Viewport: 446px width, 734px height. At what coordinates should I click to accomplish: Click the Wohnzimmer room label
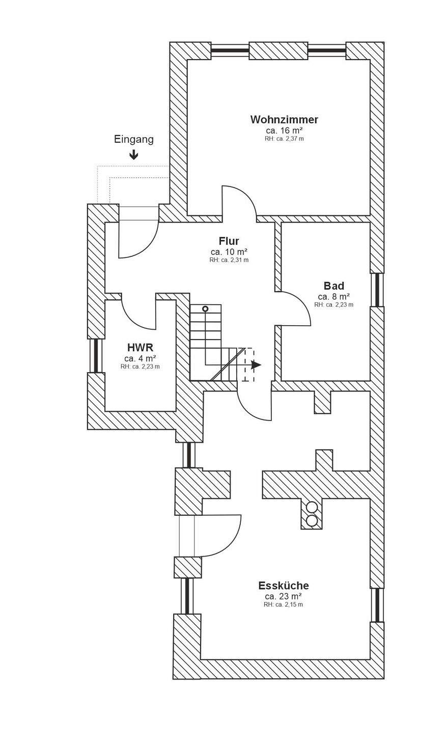coord(284,120)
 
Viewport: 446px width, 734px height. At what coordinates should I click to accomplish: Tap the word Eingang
coord(134,139)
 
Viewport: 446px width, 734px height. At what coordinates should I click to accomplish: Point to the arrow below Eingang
coord(134,154)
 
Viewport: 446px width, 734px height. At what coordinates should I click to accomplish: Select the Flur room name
coord(229,241)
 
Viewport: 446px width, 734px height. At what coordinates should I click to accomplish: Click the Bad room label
coord(333,285)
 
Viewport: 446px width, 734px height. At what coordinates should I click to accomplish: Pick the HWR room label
coord(140,348)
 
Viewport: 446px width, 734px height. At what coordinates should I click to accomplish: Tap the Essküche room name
coord(283,585)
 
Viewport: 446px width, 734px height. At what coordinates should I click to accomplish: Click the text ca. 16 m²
coord(284,131)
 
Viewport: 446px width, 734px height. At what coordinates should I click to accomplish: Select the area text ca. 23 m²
coord(283,596)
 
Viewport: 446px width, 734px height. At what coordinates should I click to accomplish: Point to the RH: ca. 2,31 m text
coord(229,260)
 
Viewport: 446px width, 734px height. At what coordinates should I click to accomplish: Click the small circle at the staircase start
coord(205,309)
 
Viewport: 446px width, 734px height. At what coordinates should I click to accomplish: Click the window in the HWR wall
coord(95,355)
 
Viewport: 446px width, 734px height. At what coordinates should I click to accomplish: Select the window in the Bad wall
coord(377,290)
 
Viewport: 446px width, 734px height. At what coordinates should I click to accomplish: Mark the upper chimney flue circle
coord(311,508)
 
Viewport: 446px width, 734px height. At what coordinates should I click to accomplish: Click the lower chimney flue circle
coord(311,520)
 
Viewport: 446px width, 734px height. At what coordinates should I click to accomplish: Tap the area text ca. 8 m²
coord(333,296)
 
